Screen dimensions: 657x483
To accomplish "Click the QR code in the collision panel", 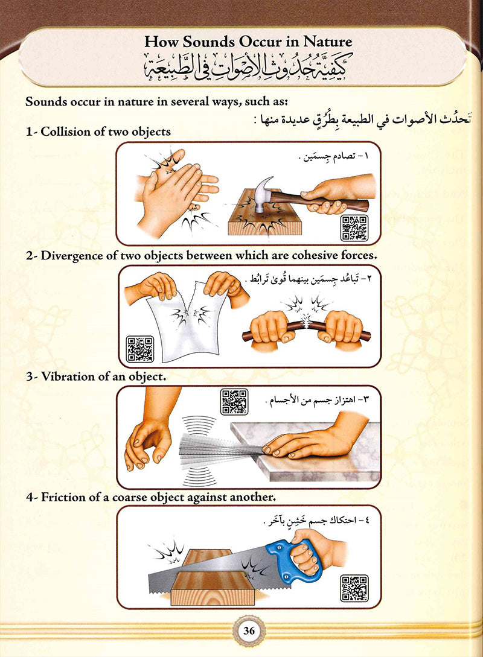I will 354,227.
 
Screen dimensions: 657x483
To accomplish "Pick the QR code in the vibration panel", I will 234,402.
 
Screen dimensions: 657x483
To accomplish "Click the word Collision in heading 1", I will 66,132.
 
